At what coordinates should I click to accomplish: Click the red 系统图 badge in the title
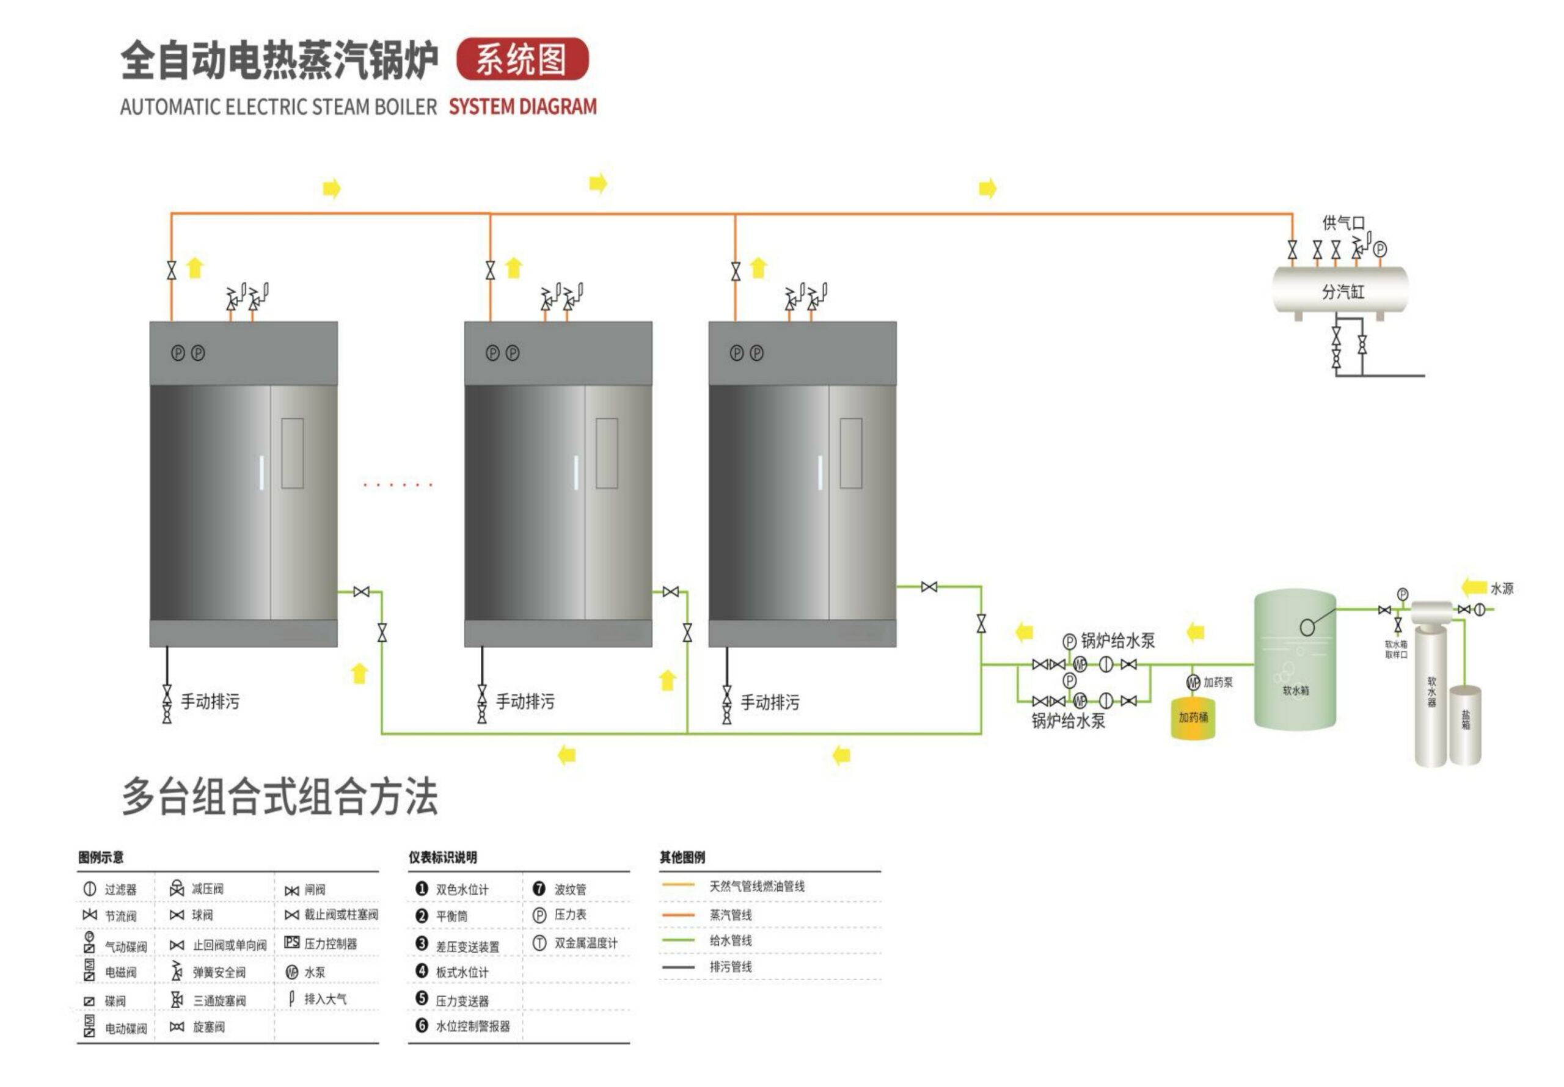[522, 59]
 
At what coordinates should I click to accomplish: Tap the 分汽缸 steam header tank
[1340, 291]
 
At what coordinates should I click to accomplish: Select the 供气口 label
[1343, 223]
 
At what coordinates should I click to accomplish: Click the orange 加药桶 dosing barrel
[1193, 718]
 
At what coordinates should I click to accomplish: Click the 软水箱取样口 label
[1396, 649]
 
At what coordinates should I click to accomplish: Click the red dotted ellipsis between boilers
[398, 485]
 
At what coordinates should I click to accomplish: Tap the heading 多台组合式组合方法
[279, 797]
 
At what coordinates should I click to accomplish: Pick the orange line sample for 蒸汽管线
[678, 915]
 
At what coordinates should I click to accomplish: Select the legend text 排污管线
[731, 967]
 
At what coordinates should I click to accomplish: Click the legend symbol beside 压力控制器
[291, 943]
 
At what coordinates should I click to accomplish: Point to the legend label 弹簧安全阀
[219, 973]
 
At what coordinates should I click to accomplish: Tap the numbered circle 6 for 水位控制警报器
[422, 1025]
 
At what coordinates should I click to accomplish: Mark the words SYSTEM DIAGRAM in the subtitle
[522, 107]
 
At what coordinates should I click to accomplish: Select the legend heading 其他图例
[682, 857]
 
